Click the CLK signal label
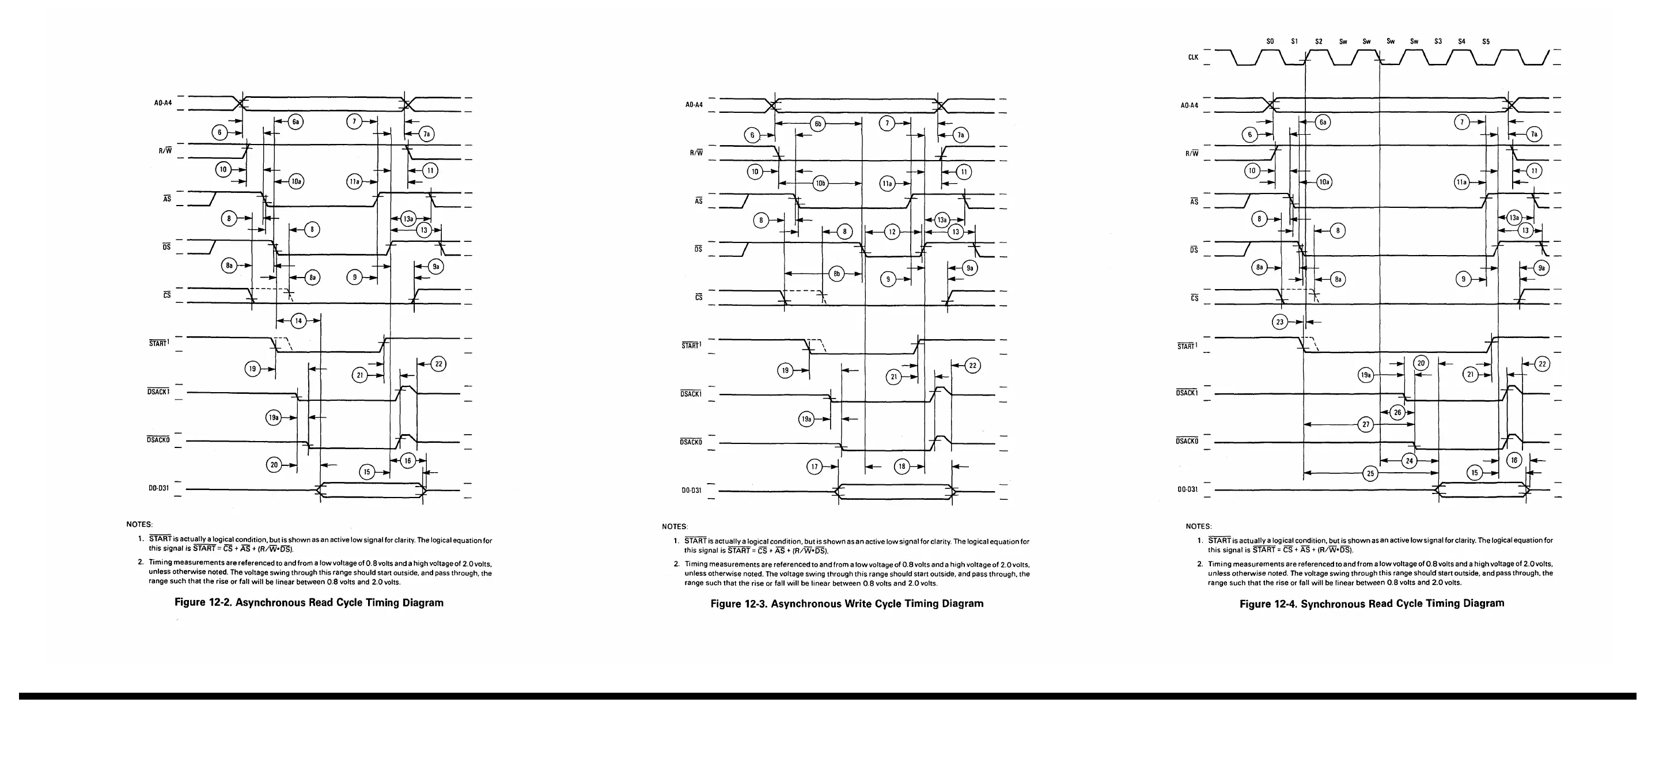[1193, 58]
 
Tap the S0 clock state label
[1270, 41]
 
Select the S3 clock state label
[1437, 41]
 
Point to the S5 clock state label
[1486, 41]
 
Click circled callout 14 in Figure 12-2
[298, 321]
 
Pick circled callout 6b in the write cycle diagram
[818, 124]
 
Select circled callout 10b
[820, 184]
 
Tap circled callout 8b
[836, 274]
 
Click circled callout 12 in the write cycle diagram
[892, 232]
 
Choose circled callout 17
[815, 466]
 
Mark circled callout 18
[902, 466]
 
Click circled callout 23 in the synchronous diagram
[1279, 322]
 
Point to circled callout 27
[1365, 424]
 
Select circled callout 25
[1370, 473]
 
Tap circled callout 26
[1397, 412]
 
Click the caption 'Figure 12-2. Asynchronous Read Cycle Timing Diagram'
[309, 603]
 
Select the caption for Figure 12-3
[846, 603]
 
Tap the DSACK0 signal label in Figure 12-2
[158, 439]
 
